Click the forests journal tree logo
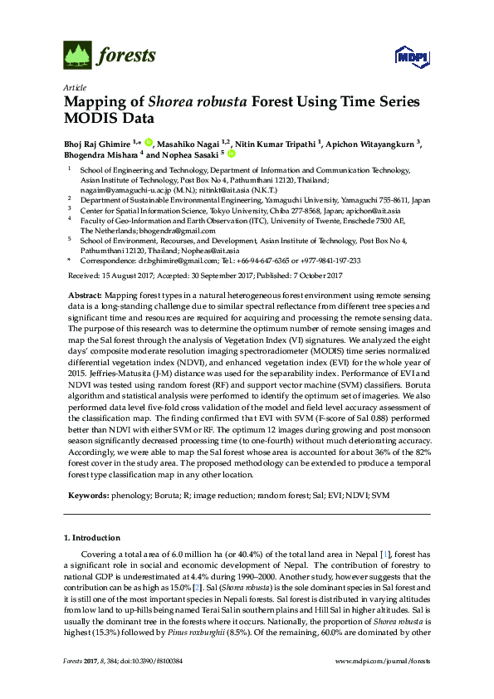(x=77, y=55)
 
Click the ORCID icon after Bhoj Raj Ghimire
(x=149, y=142)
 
